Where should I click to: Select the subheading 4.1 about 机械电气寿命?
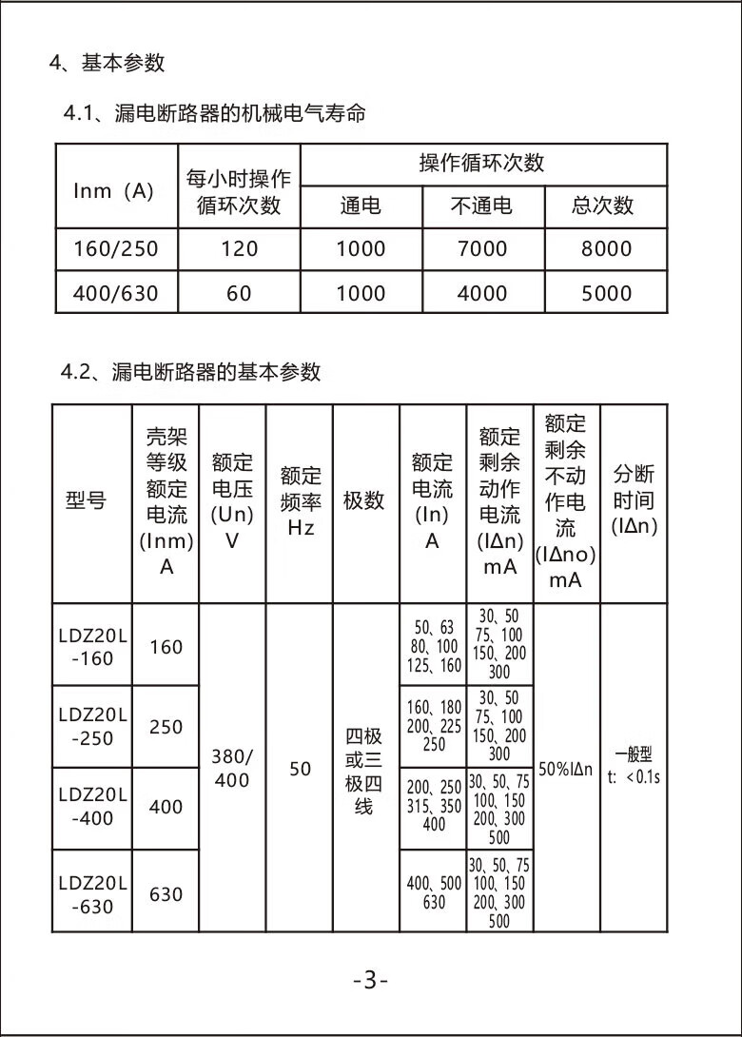(x=214, y=114)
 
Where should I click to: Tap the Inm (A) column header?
(x=114, y=190)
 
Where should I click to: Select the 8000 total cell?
(x=606, y=249)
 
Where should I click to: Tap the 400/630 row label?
(x=115, y=293)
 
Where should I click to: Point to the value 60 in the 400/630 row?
(x=239, y=293)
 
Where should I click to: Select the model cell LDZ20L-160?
(x=91, y=647)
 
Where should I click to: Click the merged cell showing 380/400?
(x=231, y=769)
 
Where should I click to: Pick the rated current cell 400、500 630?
(x=433, y=892)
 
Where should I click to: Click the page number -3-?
(x=370, y=980)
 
